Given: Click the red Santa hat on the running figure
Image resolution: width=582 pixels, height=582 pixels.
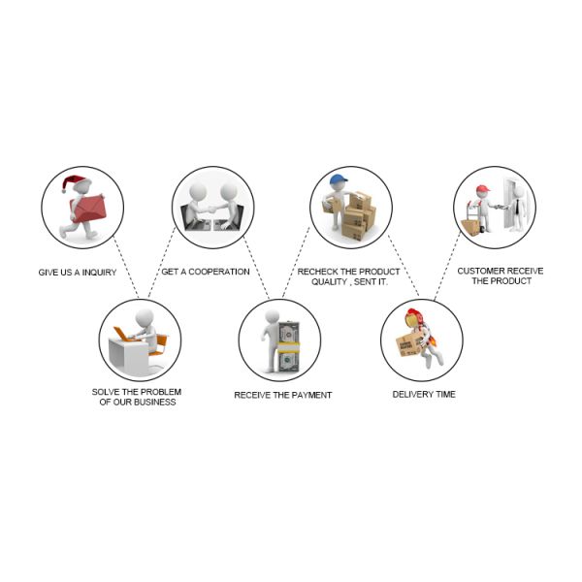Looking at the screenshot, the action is [x=75, y=182].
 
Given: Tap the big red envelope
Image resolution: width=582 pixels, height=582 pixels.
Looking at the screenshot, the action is [x=88, y=209].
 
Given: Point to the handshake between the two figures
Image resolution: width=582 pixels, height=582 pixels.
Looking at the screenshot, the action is [x=211, y=210].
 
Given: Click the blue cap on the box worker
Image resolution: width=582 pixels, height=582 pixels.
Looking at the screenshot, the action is [x=338, y=179].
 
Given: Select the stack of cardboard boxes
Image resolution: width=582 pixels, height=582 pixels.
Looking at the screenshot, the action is [x=358, y=215].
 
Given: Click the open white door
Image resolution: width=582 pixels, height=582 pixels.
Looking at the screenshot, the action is [x=511, y=203].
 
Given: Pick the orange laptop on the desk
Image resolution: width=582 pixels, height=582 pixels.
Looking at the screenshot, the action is [x=123, y=334].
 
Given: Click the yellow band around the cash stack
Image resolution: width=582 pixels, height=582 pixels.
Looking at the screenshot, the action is [x=288, y=347].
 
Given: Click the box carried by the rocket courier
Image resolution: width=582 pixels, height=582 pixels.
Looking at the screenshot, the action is [x=409, y=344].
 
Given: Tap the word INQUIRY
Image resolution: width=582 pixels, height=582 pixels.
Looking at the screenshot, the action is [x=99, y=273].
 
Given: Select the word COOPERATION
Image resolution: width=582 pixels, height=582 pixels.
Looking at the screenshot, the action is [x=219, y=272].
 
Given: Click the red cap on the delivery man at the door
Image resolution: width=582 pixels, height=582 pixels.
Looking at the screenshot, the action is [x=482, y=188].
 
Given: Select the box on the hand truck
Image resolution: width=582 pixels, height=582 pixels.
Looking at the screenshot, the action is [x=470, y=227].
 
